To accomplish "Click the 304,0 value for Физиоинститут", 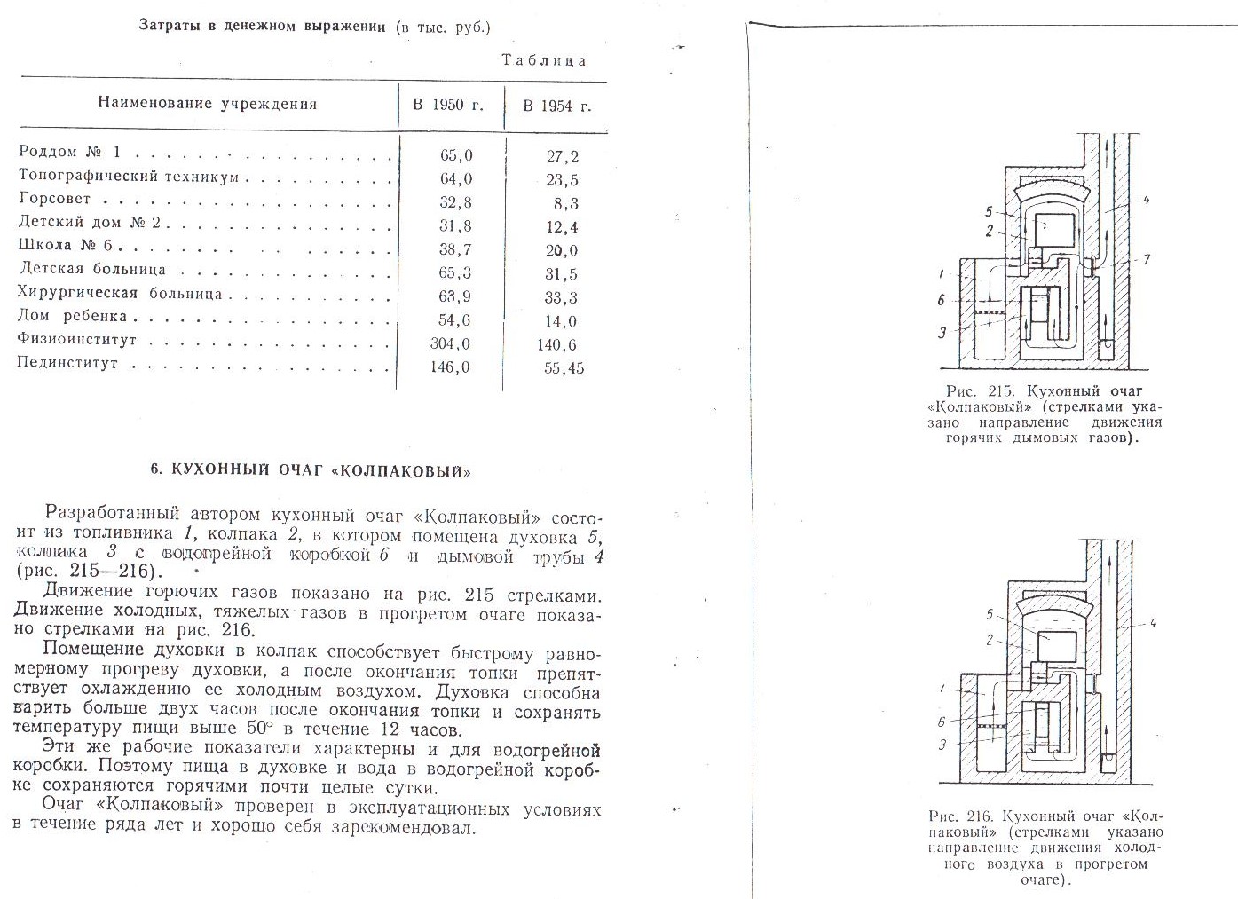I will [x=450, y=344].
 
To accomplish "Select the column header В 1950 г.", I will [x=448, y=105].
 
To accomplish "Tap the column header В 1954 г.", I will [x=556, y=106].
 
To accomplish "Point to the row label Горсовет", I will [x=55, y=199].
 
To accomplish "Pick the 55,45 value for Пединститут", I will [x=564, y=368].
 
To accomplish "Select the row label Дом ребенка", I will [x=73, y=316].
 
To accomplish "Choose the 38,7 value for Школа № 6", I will [x=455, y=250].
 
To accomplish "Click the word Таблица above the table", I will [x=544, y=60].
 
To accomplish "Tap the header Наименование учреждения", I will [x=207, y=104].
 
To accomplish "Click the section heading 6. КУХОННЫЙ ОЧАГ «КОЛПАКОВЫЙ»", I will [x=310, y=471].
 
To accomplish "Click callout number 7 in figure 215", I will [x=1147, y=259].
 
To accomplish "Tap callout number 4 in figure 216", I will [x=1153, y=623].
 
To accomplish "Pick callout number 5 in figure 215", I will [x=988, y=212].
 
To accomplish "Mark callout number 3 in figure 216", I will [x=942, y=745].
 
